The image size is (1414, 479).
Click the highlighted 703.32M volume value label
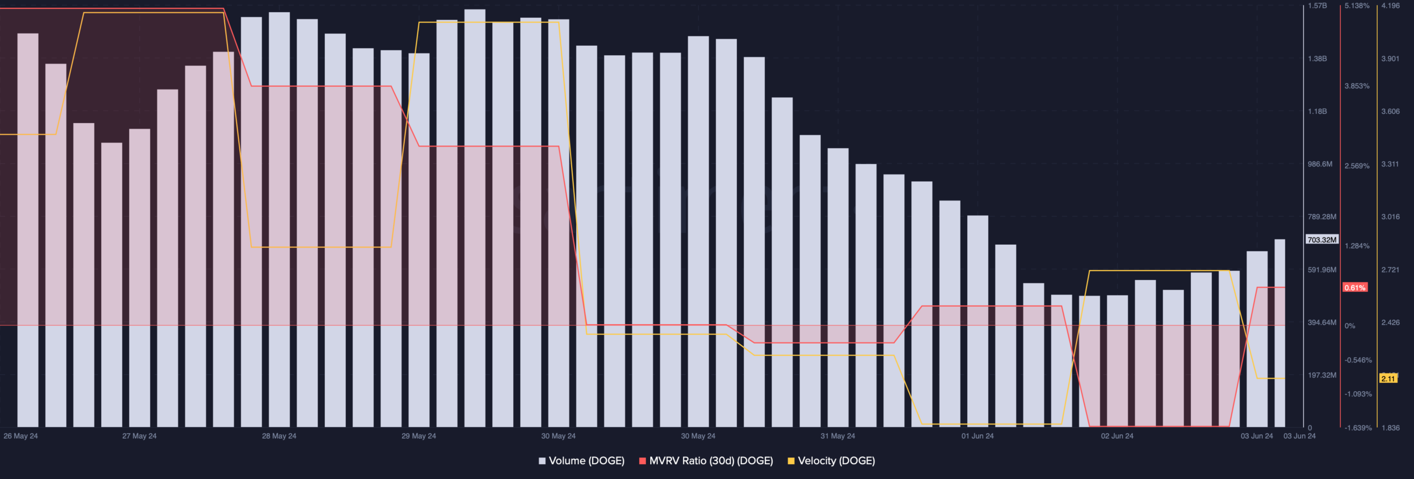coord(1322,240)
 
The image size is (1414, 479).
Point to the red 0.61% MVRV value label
coord(1355,288)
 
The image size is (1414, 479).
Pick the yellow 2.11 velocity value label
coord(1388,378)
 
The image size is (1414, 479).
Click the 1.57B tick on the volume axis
coord(1317,6)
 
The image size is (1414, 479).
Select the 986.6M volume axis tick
coord(1320,164)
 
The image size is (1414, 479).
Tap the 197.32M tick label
coord(1322,375)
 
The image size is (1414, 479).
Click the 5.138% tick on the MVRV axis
coord(1357,6)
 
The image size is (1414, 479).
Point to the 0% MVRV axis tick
coord(1350,326)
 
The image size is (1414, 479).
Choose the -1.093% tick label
coord(1358,394)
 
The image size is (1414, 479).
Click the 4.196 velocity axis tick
coord(1390,6)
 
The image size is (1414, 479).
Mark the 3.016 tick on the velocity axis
coord(1390,217)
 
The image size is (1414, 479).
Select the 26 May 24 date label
coord(21,436)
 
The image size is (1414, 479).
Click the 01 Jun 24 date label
coord(977,436)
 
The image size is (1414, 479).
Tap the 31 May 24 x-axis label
coord(837,436)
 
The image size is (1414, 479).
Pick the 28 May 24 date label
coord(279,436)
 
